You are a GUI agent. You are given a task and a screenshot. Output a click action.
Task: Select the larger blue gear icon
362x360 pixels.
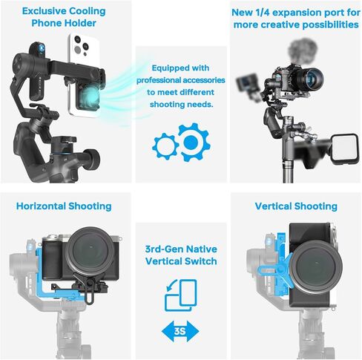tap(191, 142)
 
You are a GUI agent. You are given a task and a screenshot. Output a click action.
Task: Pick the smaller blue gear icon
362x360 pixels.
tap(165, 145)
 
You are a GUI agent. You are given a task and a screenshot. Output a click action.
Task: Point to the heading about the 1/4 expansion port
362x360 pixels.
tap(295, 19)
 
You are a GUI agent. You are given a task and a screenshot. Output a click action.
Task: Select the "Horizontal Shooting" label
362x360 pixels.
tap(64, 206)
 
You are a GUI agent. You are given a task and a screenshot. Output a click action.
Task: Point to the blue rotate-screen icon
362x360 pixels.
tap(180, 295)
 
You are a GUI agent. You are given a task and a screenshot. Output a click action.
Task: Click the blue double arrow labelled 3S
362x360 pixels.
tap(180, 332)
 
